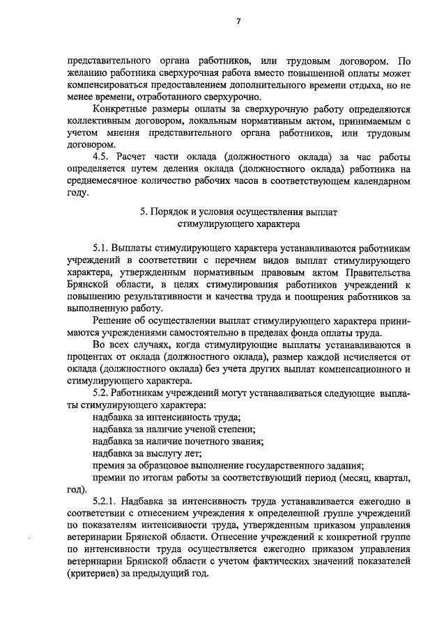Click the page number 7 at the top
pos(237,22)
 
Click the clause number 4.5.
pos(102,156)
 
